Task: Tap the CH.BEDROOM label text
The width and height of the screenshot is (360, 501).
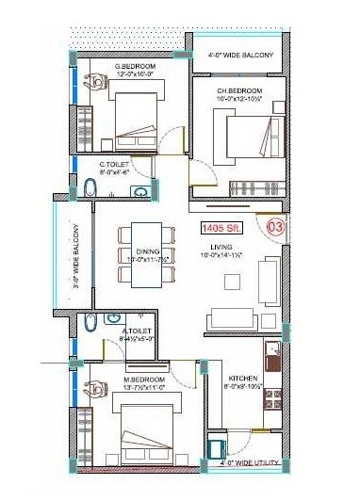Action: (x=239, y=90)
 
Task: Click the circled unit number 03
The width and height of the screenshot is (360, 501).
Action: (x=276, y=226)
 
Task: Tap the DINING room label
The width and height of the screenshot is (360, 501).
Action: (x=147, y=250)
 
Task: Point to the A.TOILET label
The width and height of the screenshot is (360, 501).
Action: (x=138, y=331)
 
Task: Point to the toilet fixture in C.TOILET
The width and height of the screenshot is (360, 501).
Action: (x=90, y=191)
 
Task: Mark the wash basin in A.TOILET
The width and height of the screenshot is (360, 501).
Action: (x=113, y=318)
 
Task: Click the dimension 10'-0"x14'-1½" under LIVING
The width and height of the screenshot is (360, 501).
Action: (x=222, y=255)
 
